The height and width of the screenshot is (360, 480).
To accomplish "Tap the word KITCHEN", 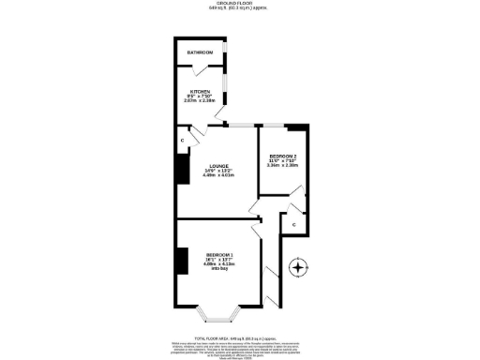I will coord(201,91).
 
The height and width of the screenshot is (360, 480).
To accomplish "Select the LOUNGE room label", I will coord(218,166).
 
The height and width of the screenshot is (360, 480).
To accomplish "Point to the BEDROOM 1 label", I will coord(219,255).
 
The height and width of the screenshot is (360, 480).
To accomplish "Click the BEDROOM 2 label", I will coord(282,156).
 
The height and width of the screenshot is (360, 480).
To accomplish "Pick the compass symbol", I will coord(299,267).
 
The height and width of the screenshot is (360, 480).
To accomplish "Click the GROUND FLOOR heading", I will coord(236,4).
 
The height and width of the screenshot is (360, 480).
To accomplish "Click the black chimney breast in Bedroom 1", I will coord(182,261).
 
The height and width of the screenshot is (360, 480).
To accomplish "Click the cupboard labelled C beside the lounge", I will coord(180,142).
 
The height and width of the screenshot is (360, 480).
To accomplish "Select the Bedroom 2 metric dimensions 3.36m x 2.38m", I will coord(282,165).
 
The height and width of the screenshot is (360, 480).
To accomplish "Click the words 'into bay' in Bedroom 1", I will coord(219,269).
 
